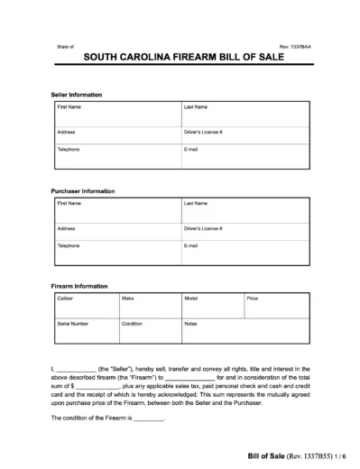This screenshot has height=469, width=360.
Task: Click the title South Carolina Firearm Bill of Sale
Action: (x=180, y=56)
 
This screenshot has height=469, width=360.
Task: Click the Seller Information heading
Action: (x=77, y=95)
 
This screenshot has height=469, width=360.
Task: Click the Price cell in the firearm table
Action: (x=276, y=303)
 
